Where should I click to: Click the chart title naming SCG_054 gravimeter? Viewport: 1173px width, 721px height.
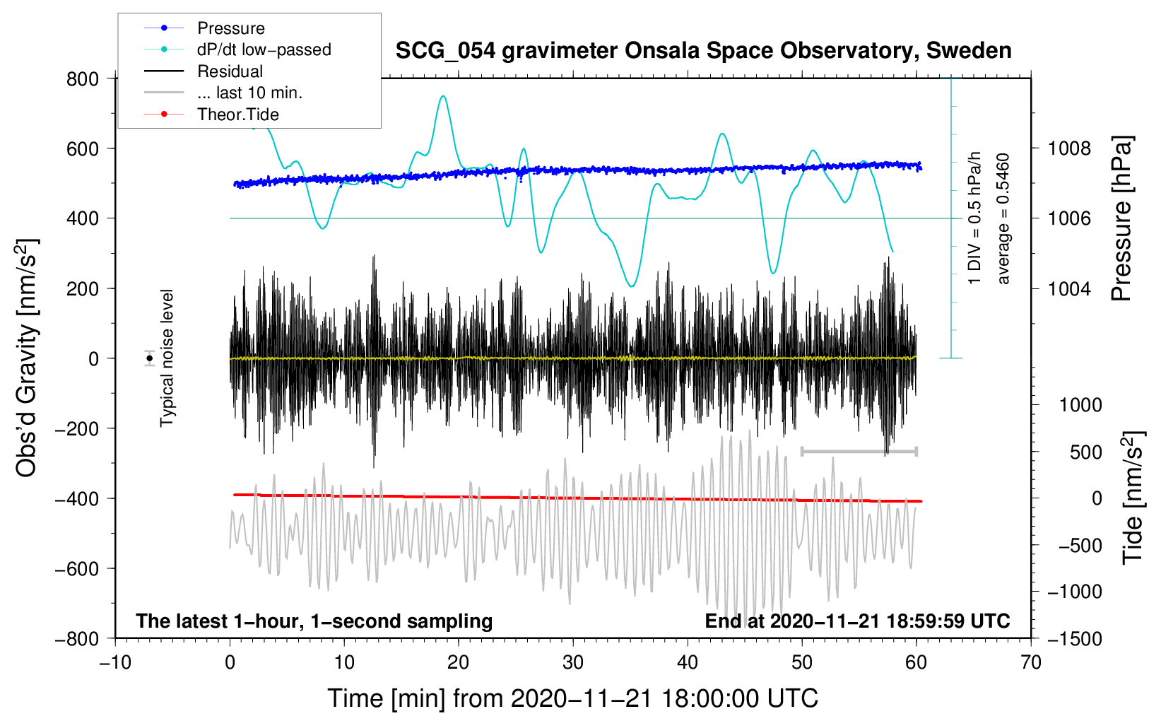[703, 51]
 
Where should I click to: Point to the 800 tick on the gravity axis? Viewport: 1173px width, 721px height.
[83, 79]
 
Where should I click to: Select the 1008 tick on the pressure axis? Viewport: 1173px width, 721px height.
[1069, 148]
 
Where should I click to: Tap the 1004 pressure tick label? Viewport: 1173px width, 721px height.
[1069, 288]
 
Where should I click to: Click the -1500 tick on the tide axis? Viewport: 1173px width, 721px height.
[1074, 639]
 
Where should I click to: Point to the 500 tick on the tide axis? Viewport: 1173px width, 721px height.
[1085, 452]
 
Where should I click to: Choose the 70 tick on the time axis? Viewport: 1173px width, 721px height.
[1031, 663]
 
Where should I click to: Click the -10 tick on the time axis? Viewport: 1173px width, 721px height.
[115, 663]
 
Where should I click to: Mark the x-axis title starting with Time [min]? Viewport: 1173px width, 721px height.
[572, 698]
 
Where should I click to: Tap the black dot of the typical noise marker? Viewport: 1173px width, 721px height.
[150, 358]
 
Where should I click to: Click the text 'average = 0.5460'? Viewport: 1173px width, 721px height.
[1003, 219]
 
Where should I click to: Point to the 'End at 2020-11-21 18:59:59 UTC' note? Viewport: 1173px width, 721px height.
[857, 621]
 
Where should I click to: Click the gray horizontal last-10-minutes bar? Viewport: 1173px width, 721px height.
[859, 451]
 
